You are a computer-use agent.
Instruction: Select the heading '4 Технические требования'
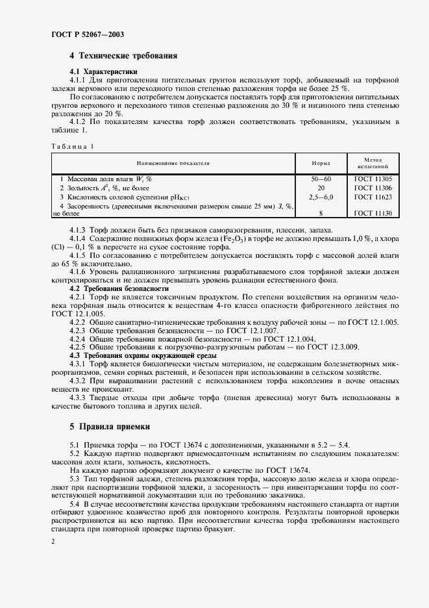pyautogui.click(x=123, y=57)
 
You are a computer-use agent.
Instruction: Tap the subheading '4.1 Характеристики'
pyautogui.click(x=103, y=71)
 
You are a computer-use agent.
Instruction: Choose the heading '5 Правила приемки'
pyautogui.click(x=110, y=427)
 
